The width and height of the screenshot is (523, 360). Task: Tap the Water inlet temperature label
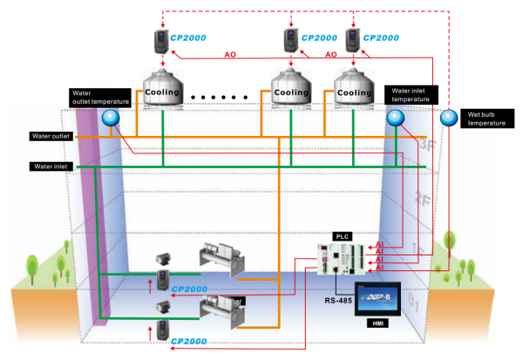(x=411, y=94)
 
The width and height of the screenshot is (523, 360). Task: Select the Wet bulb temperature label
(x=486, y=118)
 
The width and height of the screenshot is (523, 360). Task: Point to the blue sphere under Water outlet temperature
(x=111, y=119)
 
